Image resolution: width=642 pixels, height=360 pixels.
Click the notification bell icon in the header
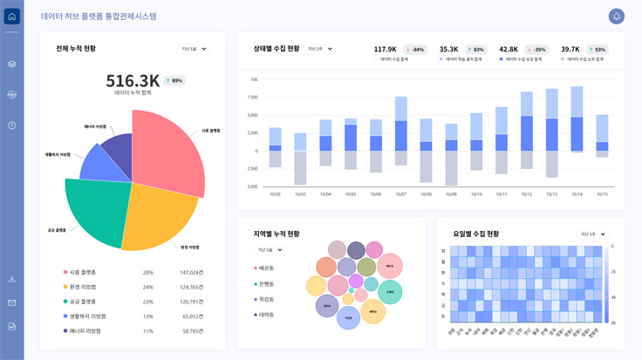[617, 17]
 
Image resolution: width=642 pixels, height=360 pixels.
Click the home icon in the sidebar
[11, 17]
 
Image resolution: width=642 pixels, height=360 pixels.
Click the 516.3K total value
[133, 80]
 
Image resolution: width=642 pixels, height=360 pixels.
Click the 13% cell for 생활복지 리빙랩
[147, 316]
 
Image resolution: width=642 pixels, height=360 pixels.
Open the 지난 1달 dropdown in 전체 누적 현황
[193, 49]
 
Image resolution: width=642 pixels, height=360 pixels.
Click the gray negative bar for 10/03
[300, 167]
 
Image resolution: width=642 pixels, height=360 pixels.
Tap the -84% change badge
[415, 50]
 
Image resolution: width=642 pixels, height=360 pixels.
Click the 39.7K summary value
[570, 50]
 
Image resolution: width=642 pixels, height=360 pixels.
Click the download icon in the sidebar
[11, 280]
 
